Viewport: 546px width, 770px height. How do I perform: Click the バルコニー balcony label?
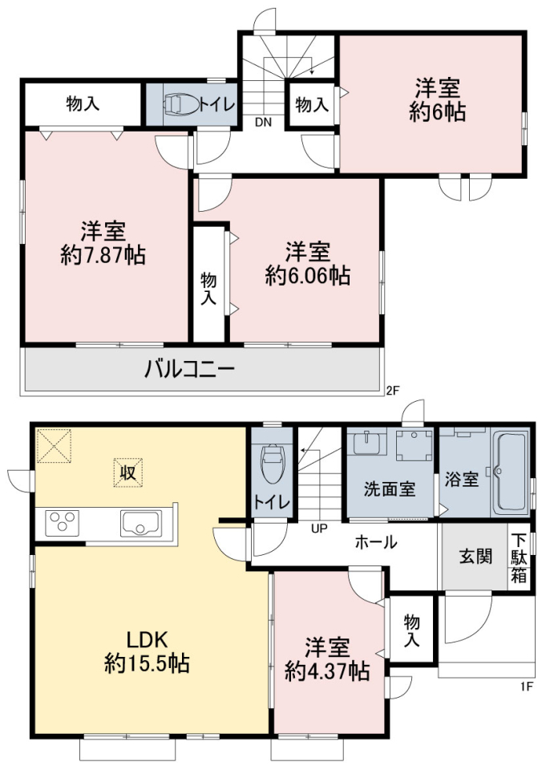tap(189, 369)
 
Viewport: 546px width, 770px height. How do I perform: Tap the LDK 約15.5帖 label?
tap(147, 651)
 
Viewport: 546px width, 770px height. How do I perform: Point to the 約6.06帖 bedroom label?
tap(307, 263)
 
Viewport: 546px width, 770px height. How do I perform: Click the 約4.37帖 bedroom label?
tap(327, 659)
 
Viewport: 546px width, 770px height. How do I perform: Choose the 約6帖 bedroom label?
tap(437, 100)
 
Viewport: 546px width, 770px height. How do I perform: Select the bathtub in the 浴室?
tap(510, 473)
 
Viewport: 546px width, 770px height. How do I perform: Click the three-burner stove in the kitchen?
tap(63, 523)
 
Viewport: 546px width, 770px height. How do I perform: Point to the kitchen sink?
tap(141, 524)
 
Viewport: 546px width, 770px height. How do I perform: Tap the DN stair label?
tap(263, 123)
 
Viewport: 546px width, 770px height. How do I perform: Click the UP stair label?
tap(319, 529)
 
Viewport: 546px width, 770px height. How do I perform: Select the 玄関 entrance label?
tap(475, 556)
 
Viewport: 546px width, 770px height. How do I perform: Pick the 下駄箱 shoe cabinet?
tap(519, 558)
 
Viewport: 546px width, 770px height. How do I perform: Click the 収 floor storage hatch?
tap(128, 473)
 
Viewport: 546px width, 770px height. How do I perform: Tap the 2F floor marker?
tap(394, 391)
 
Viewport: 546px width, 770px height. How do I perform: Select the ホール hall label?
tap(375, 542)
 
